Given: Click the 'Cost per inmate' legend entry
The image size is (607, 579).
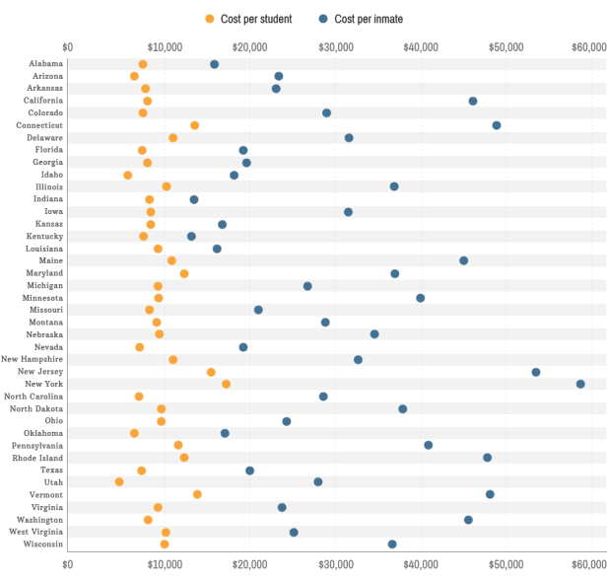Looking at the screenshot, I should tap(362, 19).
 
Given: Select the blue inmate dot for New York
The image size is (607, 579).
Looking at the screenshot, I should tap(580, 384).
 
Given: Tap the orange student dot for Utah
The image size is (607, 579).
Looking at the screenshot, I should tap(119, 482).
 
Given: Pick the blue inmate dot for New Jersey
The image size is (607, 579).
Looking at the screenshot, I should tap(536, 372).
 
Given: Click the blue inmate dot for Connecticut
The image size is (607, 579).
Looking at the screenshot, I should tap(497, 125).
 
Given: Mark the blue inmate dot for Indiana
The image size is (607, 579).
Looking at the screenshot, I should tap(194, 199).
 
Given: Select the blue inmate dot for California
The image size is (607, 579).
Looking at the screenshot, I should tap(473, 101).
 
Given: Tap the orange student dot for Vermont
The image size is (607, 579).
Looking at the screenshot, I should tap(197, 494).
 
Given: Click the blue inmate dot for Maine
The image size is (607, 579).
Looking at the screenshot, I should tap(463, 260).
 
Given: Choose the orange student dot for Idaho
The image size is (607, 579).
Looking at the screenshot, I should tap(127, 175).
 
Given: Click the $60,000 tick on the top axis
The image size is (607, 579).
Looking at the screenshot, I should tap(587, 46).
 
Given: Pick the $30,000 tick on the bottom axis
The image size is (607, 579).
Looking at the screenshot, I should tap(337, 565).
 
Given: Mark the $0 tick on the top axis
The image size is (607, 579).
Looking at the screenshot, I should tap(67, 46).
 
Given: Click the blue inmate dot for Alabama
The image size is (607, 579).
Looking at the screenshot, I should tap(214, 64).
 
